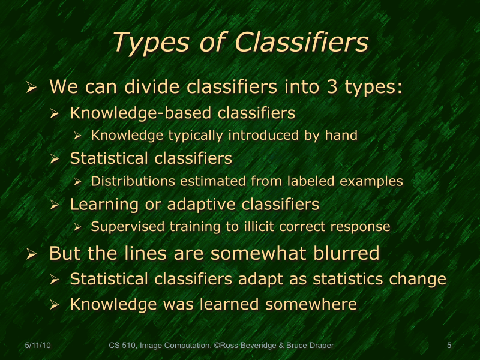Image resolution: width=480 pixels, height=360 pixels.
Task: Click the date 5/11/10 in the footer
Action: (38, 346)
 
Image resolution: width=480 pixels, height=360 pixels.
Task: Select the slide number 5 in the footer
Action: (449, 346)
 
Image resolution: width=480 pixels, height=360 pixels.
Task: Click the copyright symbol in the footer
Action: (214, 346)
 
